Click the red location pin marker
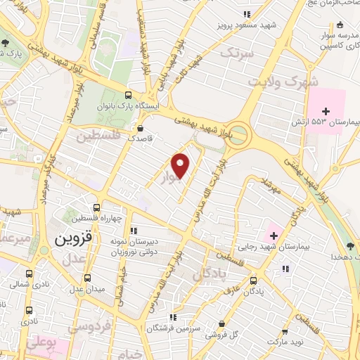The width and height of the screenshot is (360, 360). click(181, 165)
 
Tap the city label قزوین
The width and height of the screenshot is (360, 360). click(71, 238)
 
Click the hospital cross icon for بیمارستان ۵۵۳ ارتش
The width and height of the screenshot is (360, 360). click(326, 110)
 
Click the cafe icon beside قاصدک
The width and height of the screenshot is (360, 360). click(141, 129)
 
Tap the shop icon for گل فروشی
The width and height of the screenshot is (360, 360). click(222, 324)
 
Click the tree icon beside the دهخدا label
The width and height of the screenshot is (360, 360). click(351, 246)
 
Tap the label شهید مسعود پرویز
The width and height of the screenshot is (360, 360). click(245, 26)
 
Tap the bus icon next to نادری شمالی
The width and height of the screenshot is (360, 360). click(30, 274)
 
